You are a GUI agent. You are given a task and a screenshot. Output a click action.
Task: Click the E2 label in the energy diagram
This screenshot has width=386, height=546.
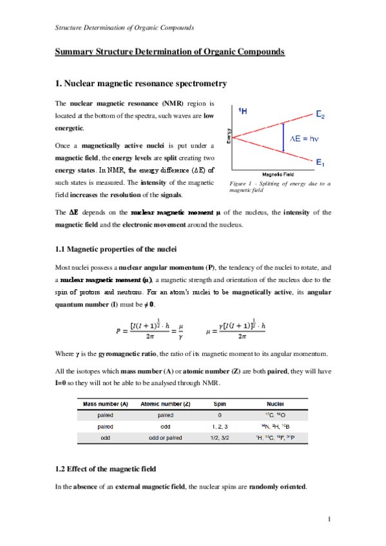tap(320, 116)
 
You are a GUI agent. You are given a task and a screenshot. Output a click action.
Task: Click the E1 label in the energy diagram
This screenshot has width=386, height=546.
tap(320, 163)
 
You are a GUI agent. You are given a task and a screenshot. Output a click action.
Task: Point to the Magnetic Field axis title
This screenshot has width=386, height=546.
tap(278, 174)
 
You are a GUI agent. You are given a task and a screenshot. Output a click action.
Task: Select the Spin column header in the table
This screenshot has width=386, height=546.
tap(220, 404)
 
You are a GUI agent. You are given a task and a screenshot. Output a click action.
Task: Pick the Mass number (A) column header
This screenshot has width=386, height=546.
tap(105, 404)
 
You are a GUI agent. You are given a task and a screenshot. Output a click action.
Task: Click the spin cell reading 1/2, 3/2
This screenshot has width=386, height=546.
tap(220, 438)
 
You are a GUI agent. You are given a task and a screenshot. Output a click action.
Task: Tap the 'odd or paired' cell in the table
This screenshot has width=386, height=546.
tap(164, 438)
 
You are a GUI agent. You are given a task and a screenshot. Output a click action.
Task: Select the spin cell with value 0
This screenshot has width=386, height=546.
tap(220, 415)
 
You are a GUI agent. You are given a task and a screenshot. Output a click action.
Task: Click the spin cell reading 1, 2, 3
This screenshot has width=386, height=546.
tap(220, 426)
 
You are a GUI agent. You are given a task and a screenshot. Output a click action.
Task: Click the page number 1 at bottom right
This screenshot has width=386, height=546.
tap(329, 519)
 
